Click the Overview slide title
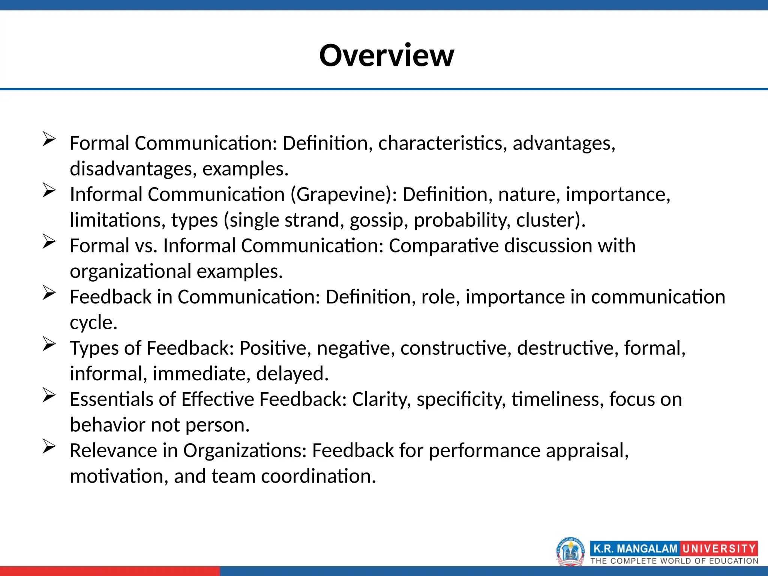(x=386, y=55)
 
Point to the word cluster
(x=547, y=220)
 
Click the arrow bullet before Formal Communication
(x=49, y=139)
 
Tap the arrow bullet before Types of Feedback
(x=49, y=344)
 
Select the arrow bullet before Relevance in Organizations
(x=49, y=446)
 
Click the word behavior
(x=107, y=425)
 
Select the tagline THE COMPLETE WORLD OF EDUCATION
(x=674, y=561)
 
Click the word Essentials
(x=111, y=399)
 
